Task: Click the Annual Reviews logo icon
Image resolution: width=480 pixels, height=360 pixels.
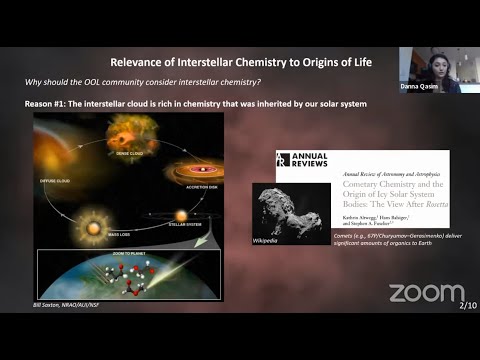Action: pos(283,160)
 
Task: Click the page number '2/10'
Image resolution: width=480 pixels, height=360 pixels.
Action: pos(465,304)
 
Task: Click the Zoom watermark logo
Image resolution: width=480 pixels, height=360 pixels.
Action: pos(426,292)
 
